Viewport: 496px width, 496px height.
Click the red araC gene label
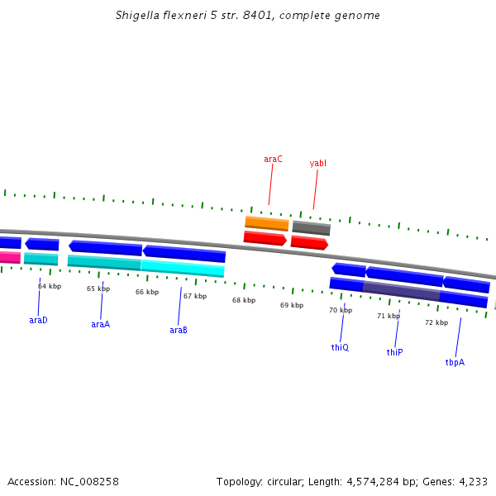pyautogui.click(x=273, y=159)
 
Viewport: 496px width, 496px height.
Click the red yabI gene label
pyautogui.click(x=317, y=164)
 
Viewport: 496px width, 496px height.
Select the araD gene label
pyautogui.click(x=38, y=320)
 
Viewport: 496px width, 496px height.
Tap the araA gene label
pyautogui.click(x=100, y=325)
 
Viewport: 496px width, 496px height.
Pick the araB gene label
pyautogui.click(x=179, y=331)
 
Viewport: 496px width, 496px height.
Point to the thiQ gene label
pyautogui.click(x=340, y=348)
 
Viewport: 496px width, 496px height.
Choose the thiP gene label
pyautogui.click(x=394, y=353)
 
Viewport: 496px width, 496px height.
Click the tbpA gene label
pyautogui.click(x=455, y=363)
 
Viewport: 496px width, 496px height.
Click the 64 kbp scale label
pyautogui.click(x=50, y=287)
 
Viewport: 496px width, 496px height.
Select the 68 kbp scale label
pyautogui.click(x=244, y=301)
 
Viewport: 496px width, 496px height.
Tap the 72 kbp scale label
pyautogui.click(x=436, y=322)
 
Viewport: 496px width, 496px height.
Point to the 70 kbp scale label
pyautogui.click(x=341, y=311)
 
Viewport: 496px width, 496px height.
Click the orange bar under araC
pyautogui.click(x=267, y=223)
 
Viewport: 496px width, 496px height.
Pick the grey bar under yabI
pyautogui.click(x=311, y=228)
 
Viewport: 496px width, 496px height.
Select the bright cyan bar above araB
pyautogui.click(x=183, y=269)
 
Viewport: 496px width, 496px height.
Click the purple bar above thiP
pyautogui.click(x=401, y=291)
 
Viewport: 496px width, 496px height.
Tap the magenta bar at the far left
pyautogui.click(x=9, y=257)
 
